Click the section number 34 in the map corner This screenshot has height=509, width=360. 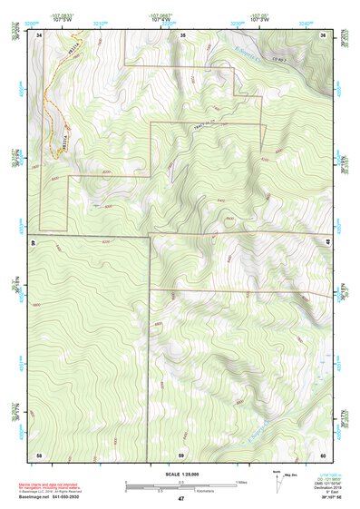pos(41,34)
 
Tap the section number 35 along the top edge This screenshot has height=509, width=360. pos(182,34)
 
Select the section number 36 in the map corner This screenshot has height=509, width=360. pos(323,34)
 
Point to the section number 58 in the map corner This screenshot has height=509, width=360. pos(39,454)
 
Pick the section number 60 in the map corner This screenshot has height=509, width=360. pos(323,454)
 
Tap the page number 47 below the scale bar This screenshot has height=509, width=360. pos(181,499)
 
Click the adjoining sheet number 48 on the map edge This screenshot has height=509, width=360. pos(328,241)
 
